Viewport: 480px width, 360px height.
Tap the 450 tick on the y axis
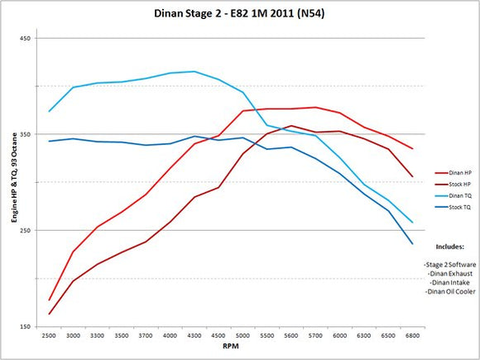(x=26, y=38)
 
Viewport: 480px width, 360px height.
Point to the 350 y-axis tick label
(x=26, y=134)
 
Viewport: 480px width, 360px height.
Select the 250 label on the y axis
(x=26, y=230)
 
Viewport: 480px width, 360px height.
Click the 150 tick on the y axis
(x=26, y=326)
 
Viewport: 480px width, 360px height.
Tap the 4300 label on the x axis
(x=194, y=336)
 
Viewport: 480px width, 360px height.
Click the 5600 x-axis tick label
(x=290, y=336)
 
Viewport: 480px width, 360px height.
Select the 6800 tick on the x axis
(x=411, y=336)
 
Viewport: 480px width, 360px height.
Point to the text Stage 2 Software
(x=451, y=262)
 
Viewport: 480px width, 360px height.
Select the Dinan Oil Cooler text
(x=451, y=292)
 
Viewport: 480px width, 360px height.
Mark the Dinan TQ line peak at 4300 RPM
(x=194, y=71)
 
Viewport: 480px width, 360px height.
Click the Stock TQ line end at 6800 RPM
(x=411, y=243)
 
